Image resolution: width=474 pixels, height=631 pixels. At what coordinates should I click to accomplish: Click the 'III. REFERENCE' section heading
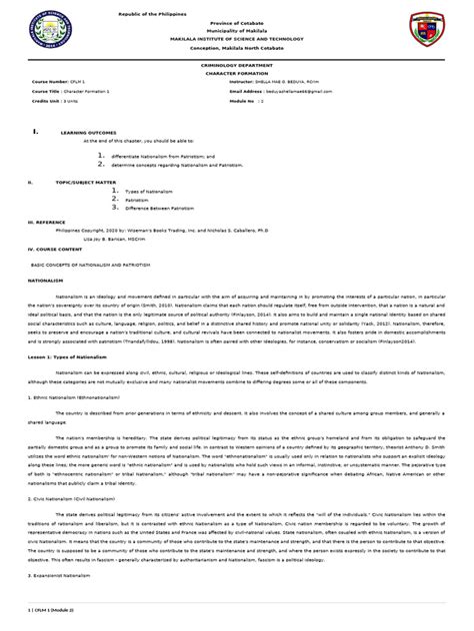tap(47, 213)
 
